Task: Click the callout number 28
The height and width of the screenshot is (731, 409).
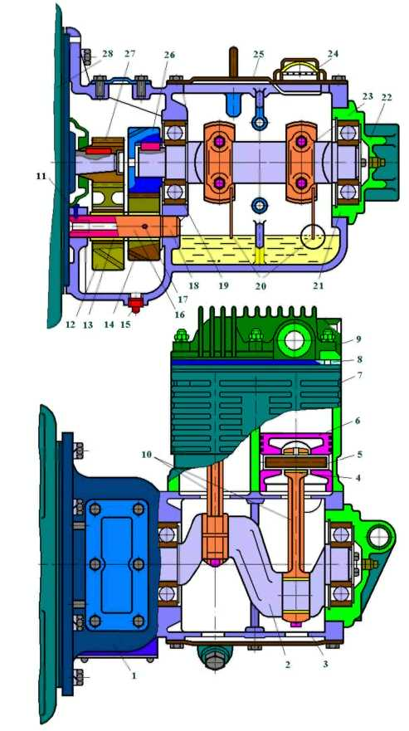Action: pyautogui.click(x=108, y=54)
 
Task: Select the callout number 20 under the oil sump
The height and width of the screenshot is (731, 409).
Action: pyautogui.click(x=260, y=286)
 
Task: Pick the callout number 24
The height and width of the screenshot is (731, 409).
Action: pyautogui.click(x=333, y=54)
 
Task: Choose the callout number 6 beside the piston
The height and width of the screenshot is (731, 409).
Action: pyautogui.click(x=358, y=421)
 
